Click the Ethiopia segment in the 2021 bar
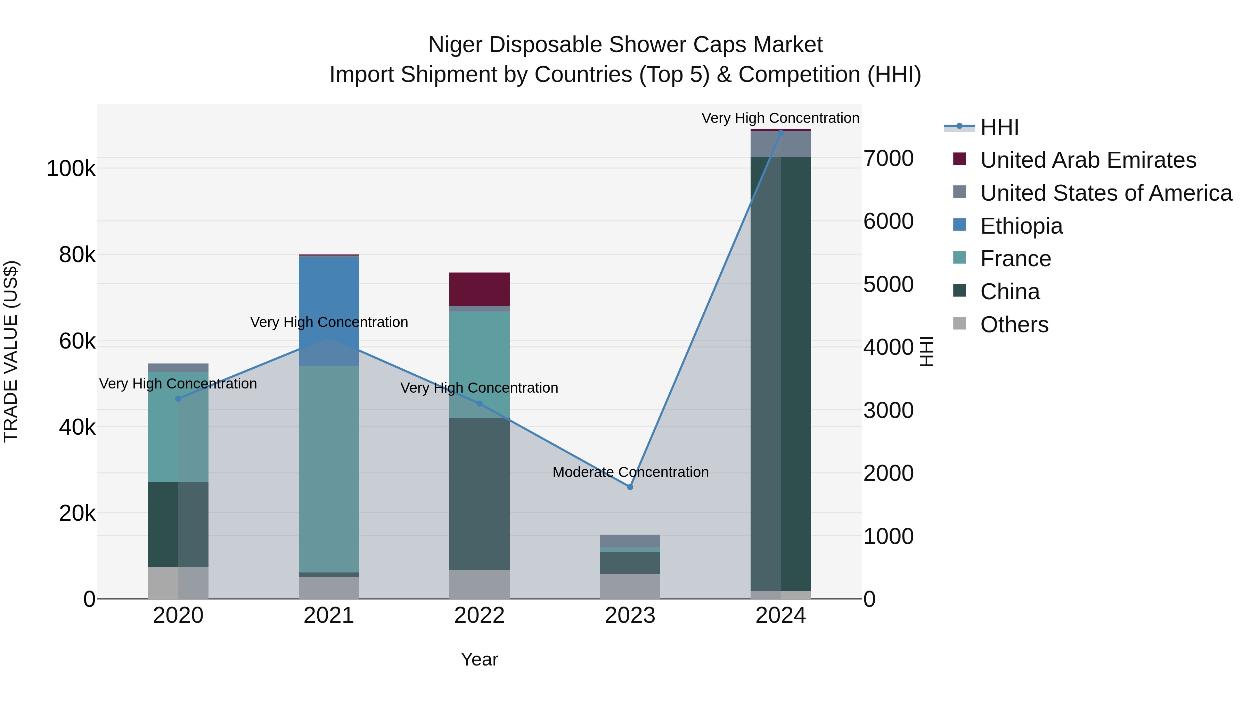coord(329,291)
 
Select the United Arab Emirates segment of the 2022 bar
coord(479,289)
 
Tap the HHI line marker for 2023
coord(630,487)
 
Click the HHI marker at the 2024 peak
coord(780,132)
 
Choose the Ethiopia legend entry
coord(1021,226)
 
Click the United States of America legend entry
coord(1105,193)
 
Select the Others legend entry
coord(1014,325)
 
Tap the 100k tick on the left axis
coord(71,169)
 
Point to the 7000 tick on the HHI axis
coord(888,159)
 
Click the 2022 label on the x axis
coord(479,616)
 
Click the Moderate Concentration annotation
coord(630,472)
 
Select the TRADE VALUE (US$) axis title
coord(11,351)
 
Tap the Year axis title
coord(479,659)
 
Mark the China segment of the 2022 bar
coord(479,494)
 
